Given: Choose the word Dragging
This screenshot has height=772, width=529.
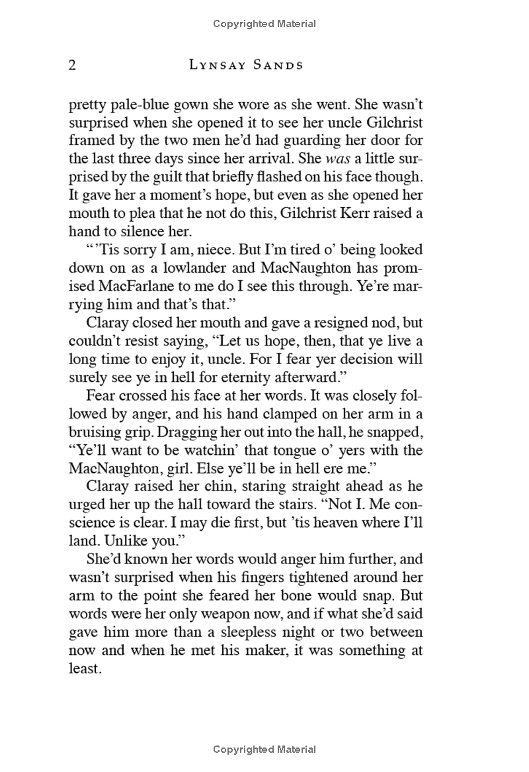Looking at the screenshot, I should [176, 432].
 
